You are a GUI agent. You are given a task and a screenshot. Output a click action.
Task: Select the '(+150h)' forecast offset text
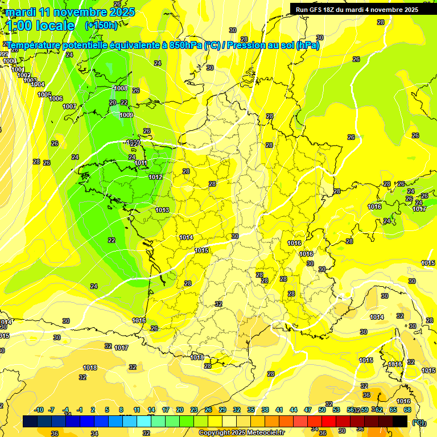coord(101,25)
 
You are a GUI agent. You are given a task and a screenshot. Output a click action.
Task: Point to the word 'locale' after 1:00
coord(55,25)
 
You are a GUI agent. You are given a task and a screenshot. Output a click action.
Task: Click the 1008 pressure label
coord(121,88)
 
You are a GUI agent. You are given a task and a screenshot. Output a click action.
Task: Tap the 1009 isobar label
coord(126,115)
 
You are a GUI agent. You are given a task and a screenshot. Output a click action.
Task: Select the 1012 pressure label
coord(155,177)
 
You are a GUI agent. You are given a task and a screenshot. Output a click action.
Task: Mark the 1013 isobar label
coord(162,210)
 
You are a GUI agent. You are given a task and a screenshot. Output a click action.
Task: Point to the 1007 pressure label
coord(69,106)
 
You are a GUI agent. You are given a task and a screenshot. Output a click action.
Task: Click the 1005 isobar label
coord(44,94)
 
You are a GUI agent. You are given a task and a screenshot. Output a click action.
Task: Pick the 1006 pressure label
coord(56,99)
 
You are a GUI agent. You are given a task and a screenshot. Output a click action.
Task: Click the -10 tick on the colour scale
coord(39,410)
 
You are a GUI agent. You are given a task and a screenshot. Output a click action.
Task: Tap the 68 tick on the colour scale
coord(407,410)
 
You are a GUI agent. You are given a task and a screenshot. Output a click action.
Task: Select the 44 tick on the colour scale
coord(293,410)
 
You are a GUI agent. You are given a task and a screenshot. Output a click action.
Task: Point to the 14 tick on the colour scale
coord(151,410)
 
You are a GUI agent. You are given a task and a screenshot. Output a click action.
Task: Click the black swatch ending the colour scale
coord(400,421)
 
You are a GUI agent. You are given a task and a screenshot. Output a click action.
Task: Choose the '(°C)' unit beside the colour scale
coord(418,422)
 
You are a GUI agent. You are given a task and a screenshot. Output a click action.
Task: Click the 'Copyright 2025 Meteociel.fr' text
coord(241,433)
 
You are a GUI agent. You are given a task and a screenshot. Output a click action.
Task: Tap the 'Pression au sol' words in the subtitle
coord(260,45)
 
